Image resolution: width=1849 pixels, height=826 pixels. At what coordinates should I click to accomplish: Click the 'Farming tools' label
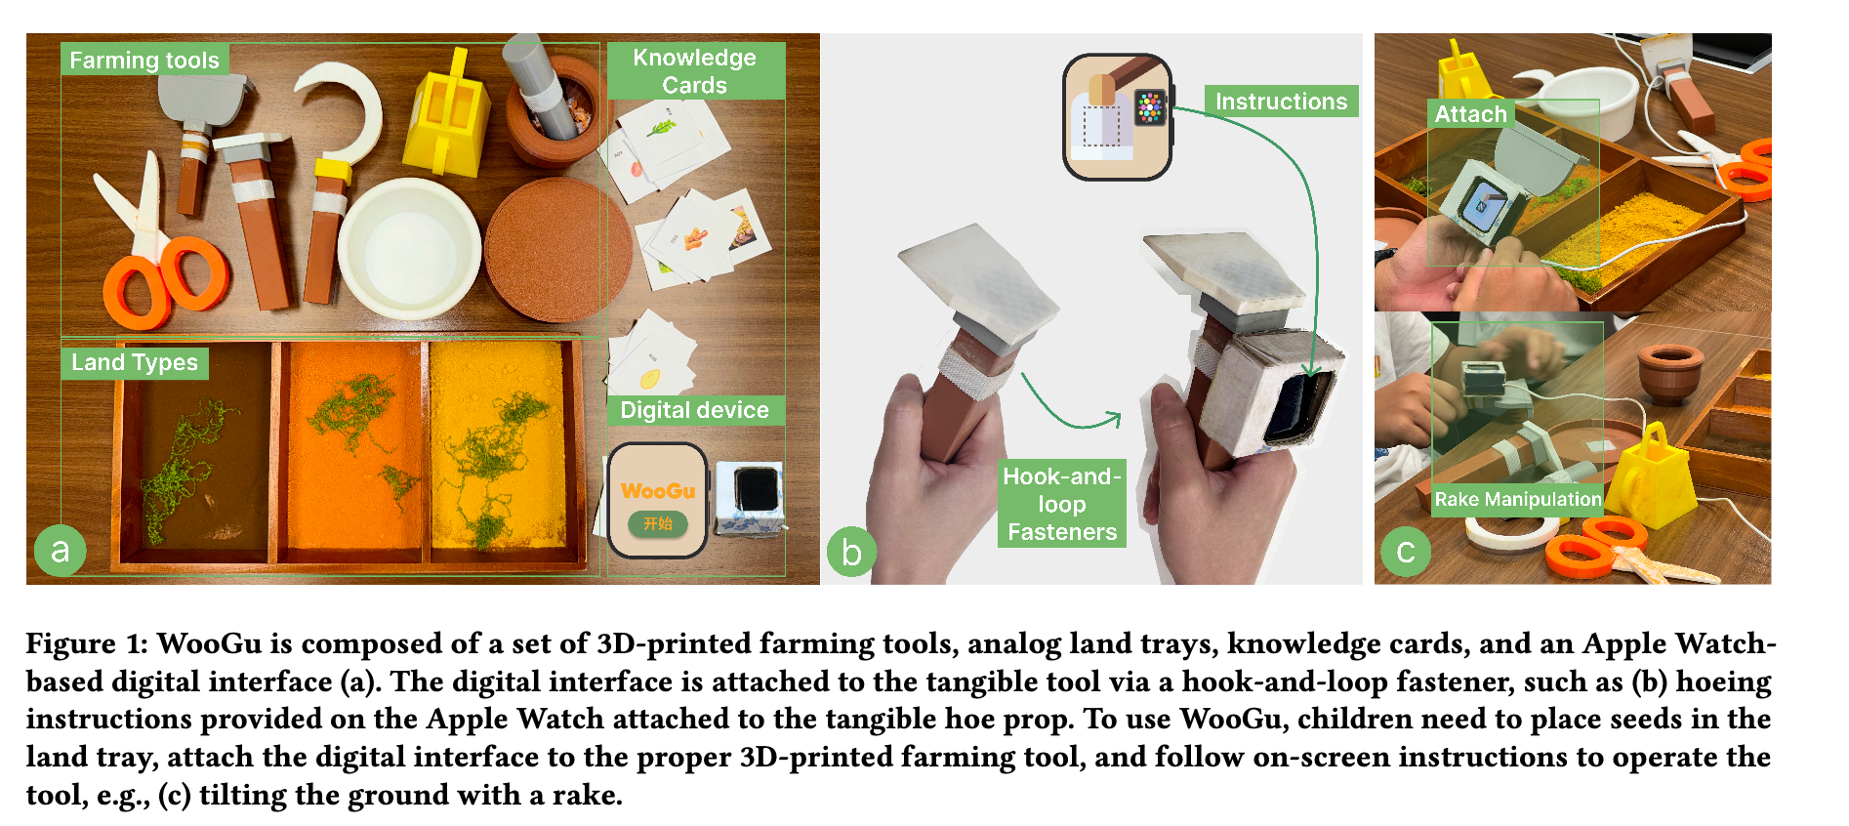(144, 60)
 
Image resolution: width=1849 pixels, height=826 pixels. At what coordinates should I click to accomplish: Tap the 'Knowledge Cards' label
(695, 70)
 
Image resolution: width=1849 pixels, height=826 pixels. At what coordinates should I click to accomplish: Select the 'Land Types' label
(135, 362)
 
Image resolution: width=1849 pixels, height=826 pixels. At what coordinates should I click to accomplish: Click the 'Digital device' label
(695, 410)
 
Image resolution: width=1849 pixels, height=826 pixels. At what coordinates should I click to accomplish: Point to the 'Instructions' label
(1281, 101)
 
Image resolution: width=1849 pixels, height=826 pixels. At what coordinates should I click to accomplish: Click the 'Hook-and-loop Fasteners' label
(1062, 504)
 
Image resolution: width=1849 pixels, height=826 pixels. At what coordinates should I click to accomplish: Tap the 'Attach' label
(1470, 114)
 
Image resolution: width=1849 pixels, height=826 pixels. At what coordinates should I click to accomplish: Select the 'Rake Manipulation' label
(1517, 499)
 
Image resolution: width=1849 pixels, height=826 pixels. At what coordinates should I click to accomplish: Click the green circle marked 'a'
(61, 551)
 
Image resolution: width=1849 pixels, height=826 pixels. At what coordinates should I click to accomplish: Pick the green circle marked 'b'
(851, 552)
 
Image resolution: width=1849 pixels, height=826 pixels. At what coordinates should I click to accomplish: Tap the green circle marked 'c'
(1406, 552)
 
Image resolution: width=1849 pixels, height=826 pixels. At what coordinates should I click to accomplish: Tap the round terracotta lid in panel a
(554, 249)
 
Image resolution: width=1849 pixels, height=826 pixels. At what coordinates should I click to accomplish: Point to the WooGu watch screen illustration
(657, 501)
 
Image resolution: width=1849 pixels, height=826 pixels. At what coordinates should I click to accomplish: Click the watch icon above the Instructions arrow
(1118, 117)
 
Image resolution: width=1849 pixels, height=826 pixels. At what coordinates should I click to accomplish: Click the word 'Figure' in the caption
(71, 644)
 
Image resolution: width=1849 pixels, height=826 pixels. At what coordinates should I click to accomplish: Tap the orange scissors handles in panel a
(166, 283)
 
